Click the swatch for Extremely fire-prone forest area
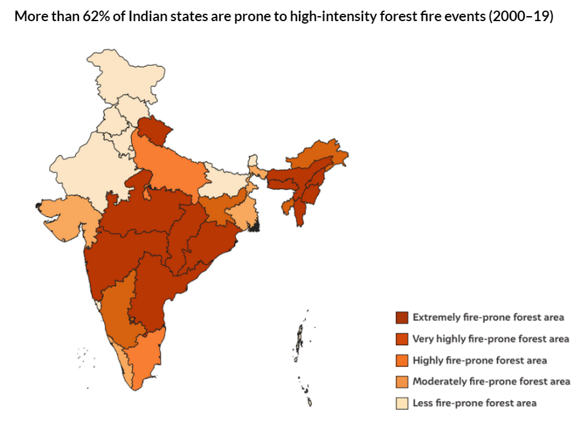point(402,317)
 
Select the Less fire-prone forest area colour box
point(402,403)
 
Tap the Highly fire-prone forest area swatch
point(402,360)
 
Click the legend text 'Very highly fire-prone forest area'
point(490,339)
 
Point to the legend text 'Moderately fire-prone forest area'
point(491,381)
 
